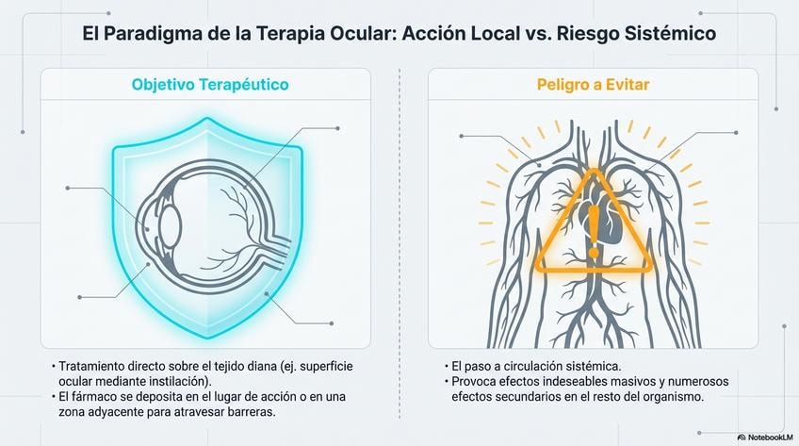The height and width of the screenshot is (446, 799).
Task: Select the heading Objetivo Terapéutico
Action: coord(209,85)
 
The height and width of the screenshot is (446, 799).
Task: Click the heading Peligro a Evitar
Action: coord(594,85)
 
